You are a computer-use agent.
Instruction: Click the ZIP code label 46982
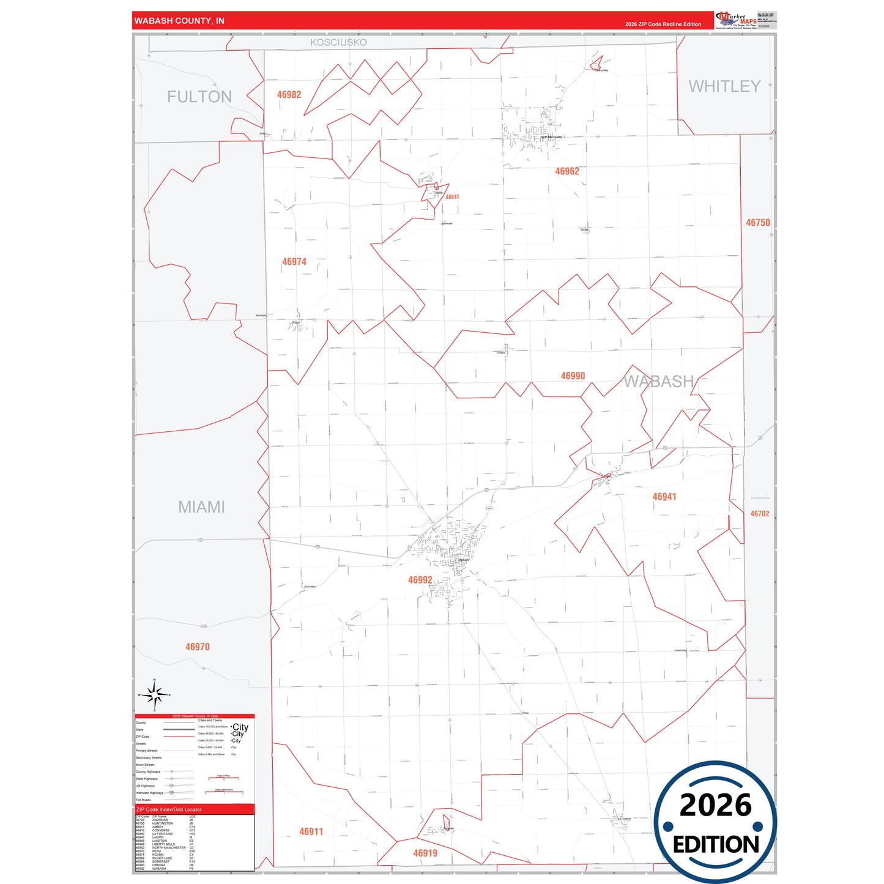pos(289,95)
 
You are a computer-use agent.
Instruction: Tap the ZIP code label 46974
pos(294,262)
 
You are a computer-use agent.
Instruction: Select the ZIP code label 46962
pos(567,171)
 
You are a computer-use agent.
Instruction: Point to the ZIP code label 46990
pos(573,376)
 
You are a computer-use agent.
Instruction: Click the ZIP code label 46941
pos(664,497)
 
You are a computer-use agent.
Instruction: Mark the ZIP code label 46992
pos(420,580)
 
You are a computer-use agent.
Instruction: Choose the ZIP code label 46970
pos(198,647)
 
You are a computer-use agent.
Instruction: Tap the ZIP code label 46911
pos(311,831)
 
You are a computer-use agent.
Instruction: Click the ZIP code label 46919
pos(425,853)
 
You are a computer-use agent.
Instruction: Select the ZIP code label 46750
pos(758,223)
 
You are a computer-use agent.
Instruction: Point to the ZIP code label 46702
pos(760,514)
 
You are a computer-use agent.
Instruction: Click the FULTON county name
pos(199,97)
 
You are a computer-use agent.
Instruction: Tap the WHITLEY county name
pos(725,86)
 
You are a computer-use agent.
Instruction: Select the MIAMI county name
pos(201,507)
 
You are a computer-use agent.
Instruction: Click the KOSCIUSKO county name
pos(338,42)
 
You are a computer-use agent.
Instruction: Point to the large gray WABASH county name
pos(659,382)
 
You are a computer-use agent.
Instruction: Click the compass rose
pos(155,695)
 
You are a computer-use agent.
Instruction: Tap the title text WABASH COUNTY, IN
pos(179,21)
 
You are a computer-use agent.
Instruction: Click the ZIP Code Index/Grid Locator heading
pos(169,809)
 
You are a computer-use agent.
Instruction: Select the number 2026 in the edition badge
pos(715,805)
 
